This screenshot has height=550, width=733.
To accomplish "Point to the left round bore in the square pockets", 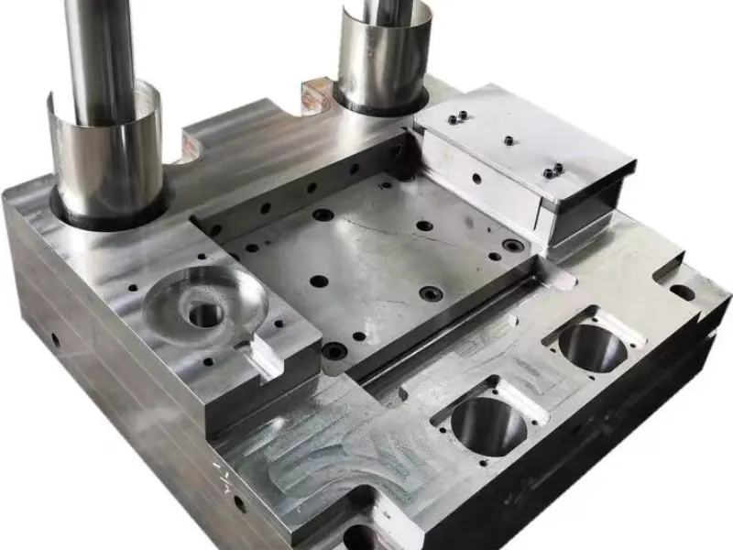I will point(489,423).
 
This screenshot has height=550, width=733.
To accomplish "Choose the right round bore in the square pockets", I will point(592,346).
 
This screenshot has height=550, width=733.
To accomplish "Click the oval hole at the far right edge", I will point(682,292).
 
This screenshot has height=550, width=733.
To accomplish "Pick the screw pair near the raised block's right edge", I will point(552,171).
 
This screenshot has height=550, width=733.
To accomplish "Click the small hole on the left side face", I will point(56,341).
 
